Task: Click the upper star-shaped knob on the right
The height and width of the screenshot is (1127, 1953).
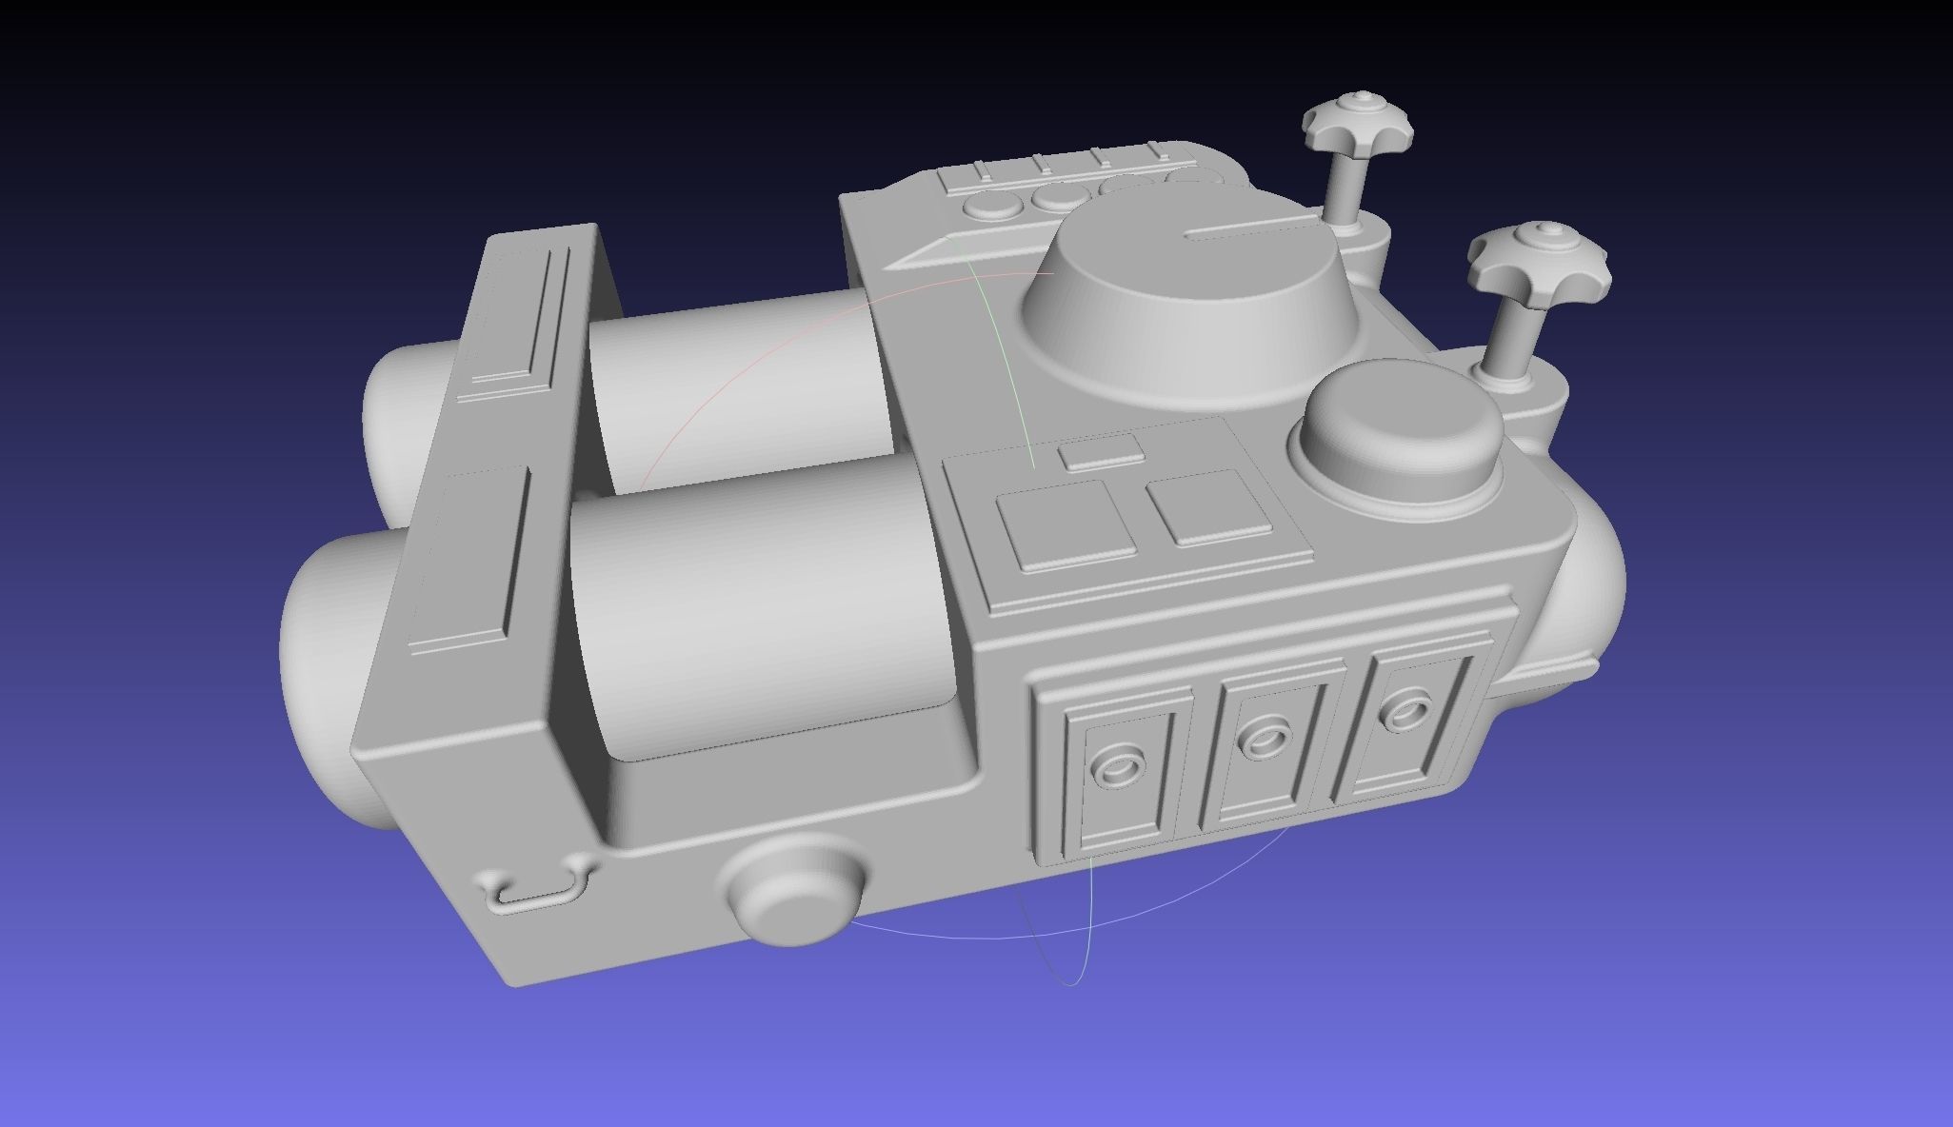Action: coord(1358,128)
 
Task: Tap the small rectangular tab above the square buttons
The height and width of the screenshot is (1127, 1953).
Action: coord(1102,452)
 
